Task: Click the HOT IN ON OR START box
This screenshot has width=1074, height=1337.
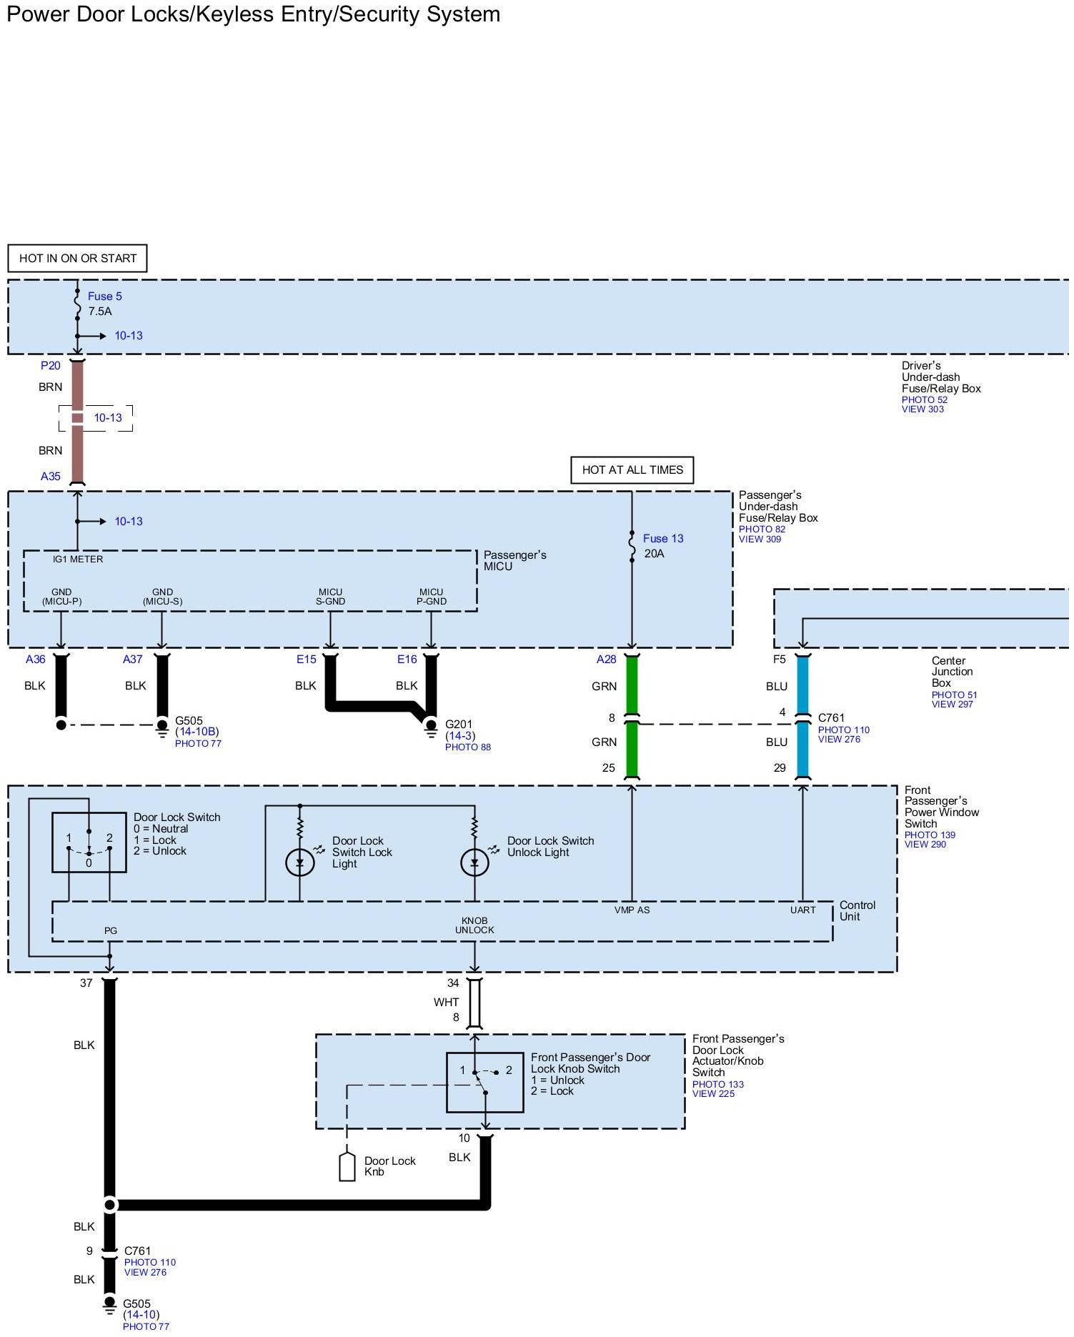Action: (x=78, y=259)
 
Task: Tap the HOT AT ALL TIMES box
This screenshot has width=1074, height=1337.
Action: (x=632, y=470)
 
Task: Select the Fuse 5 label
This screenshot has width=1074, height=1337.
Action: (x=105, y=297)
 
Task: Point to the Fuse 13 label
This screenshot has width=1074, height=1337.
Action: (x=663, y=539)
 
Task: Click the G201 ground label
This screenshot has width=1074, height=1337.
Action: (x=459, y=725)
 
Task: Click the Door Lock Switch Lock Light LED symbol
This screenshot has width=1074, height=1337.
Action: (x=300, y=863)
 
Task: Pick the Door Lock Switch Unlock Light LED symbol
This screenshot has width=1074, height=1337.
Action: (x=475, y=863)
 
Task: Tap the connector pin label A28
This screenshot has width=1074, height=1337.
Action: (x=606, y=660)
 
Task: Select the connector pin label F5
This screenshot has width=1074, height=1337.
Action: (x=779, y=660)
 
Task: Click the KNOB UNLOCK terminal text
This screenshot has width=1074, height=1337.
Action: (x=474, y=925)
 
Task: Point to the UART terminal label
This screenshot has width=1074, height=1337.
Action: (x=802, y=910)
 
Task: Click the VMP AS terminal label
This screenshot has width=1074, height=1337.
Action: (x=632, y=910)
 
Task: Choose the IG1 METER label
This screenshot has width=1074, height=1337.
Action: (x=78, y=560)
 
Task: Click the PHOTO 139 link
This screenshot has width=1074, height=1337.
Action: (x=930, y=835)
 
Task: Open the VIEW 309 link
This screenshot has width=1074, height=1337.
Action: (x=760, y=540)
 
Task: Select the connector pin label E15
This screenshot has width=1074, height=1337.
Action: (x=307, y=660)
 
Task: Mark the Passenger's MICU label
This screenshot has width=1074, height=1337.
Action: (x=514, y=561)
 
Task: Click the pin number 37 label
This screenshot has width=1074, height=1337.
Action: (x=86, y=983)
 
